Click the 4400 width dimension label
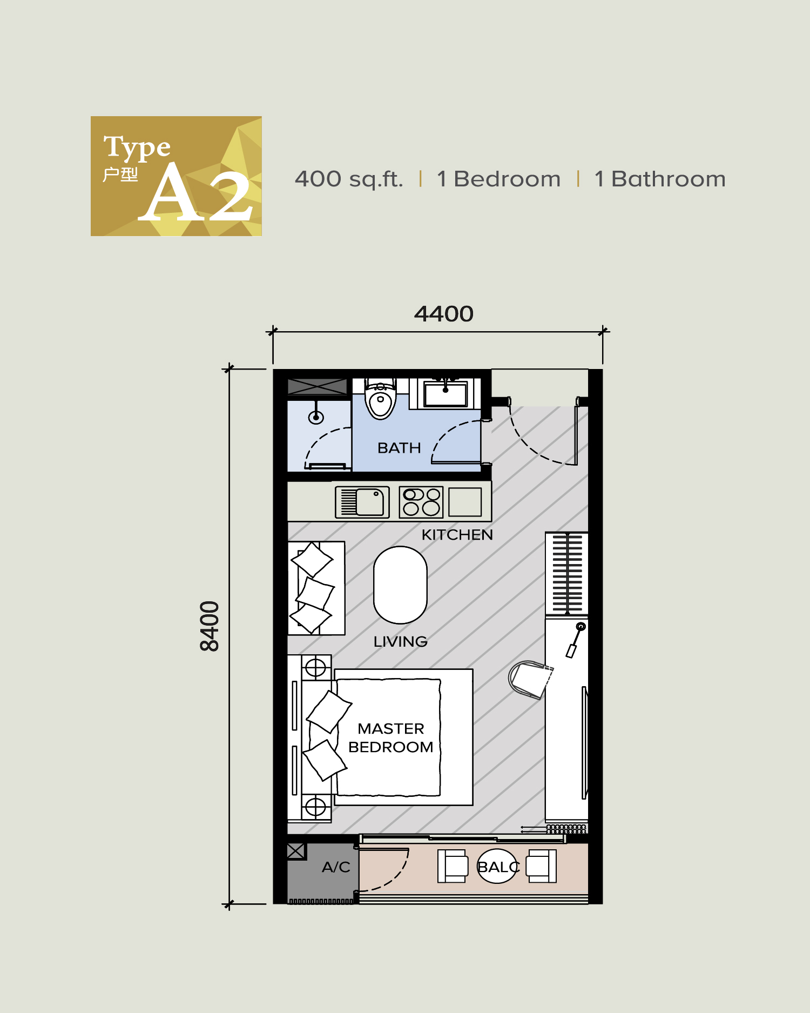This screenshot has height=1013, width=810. pos(443,314)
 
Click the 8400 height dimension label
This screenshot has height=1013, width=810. pos(210,626)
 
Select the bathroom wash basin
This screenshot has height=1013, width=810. pos(446,393)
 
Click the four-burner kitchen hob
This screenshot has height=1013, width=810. pos(421,502)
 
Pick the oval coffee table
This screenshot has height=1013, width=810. pos(400,585)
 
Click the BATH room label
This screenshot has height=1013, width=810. pos(399,448)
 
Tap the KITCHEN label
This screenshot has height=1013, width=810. pos(457,535)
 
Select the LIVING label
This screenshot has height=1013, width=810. pos(400,642)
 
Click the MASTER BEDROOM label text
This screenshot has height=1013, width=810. pos(390,737)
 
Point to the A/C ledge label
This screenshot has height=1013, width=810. pos(336,867)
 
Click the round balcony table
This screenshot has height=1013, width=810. pos(497,867)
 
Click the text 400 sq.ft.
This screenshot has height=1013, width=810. pos(349,179)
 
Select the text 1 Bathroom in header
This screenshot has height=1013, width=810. pos(659,179)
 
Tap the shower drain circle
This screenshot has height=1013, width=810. pos(316,417)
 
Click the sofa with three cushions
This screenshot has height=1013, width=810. pos(316,588)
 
